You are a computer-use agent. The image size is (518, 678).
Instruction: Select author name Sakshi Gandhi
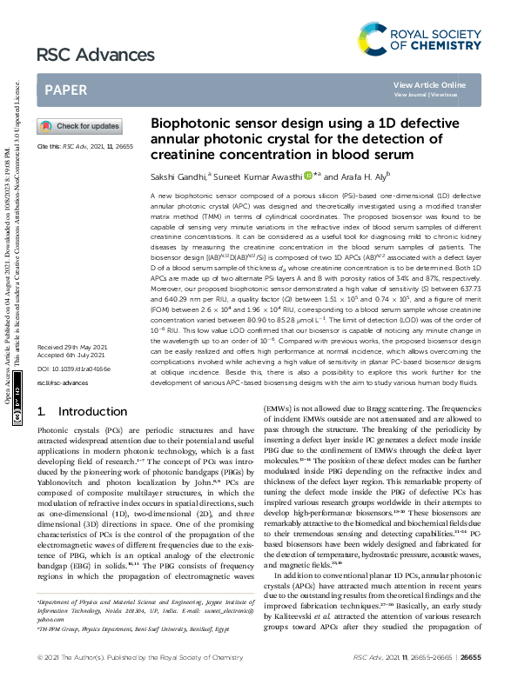coord(174,176)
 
